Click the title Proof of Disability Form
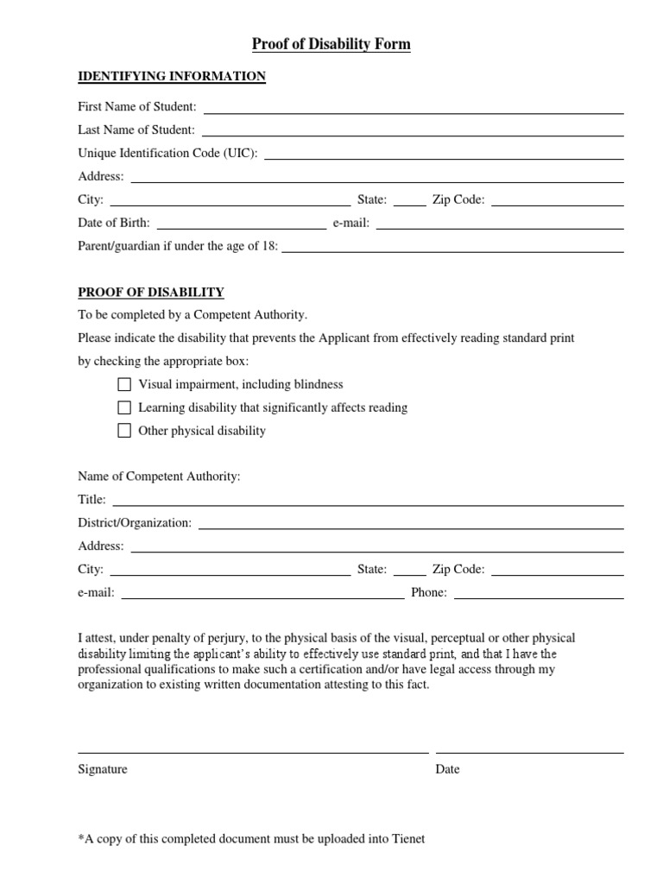point(331,44)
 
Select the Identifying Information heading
point(172,77)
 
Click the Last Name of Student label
point(136,130)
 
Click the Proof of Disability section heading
point(151,293)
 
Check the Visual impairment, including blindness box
point(124,384)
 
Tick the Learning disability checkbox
point(124,407)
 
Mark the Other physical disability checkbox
point(124,431)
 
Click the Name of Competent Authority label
point(159,477)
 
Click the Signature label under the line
point(103,769)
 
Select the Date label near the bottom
point(447,769)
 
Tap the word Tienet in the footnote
point(407,838)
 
